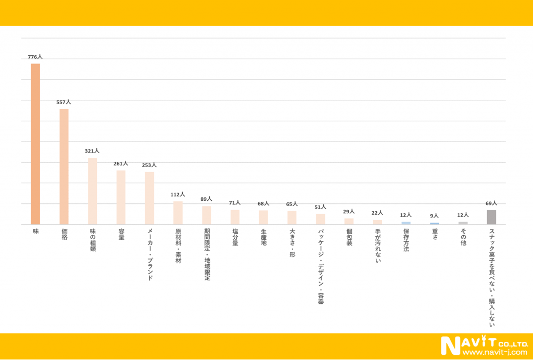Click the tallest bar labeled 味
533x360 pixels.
[35, 144]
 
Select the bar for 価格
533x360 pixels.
[64, 166]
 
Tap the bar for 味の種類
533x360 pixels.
[92, 191]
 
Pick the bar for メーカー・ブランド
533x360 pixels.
[149, 198]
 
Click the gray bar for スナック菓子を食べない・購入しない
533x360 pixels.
[491, 217]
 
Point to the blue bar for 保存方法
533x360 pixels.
[406, 223]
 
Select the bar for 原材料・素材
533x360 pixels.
[178, 213]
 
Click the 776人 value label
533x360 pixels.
[35, 57]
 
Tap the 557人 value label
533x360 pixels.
[64, 102]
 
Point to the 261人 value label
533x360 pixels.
[121, 163]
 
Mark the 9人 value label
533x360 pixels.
[435, 216]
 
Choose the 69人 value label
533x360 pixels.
[491, 203]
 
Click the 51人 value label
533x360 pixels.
[320, 207]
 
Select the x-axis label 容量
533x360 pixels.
[121, 235]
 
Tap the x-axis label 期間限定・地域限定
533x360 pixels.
[207, 254]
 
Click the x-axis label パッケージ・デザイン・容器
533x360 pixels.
[321, 266]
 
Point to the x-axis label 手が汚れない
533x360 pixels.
[377, 246]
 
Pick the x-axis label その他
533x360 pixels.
[463, 237]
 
